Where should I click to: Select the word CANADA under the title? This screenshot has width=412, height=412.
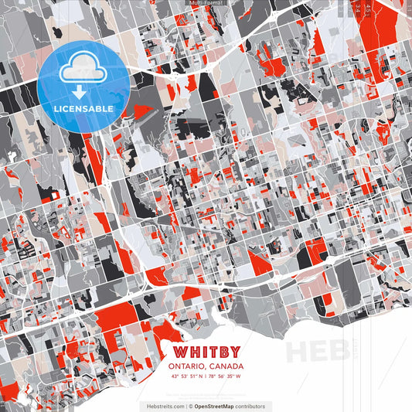226,366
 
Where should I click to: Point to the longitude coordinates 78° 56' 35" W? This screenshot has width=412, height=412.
226,376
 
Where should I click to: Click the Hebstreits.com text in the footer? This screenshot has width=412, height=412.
164,406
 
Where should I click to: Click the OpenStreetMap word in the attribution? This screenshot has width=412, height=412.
220,406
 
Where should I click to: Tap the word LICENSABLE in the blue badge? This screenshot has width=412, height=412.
83,108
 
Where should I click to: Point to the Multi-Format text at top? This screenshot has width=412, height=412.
206,4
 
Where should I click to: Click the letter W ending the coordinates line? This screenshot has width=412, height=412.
238,376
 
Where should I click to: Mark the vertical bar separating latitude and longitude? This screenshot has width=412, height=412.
206,376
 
